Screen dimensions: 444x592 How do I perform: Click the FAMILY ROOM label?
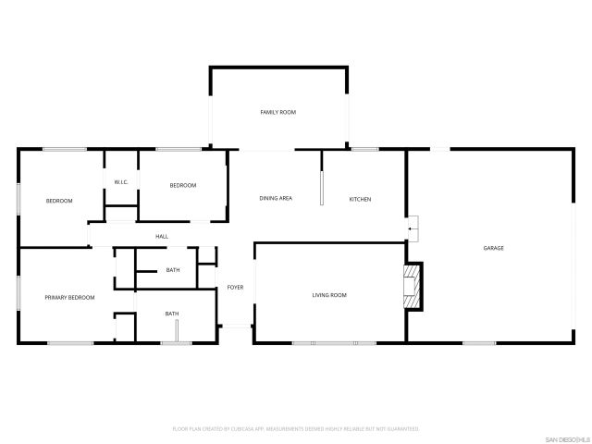(277, 112)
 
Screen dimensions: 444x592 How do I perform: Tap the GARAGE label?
(493, 248)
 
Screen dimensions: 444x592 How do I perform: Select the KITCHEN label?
(360, 199)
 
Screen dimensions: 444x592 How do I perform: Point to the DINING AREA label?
(276, 199)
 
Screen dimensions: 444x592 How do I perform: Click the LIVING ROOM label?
(328, 295)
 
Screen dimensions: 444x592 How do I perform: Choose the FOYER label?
(235, 288)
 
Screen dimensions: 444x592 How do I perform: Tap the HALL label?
(162, 237)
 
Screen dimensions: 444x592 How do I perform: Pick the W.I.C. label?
(120, 182)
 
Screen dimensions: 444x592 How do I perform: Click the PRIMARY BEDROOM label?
(70, 298)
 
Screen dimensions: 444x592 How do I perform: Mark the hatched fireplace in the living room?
(412, 287)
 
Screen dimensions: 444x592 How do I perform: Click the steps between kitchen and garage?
(413, 225)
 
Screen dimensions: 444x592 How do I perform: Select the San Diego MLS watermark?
(564, 438)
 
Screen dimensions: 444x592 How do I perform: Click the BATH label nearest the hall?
(173, 270)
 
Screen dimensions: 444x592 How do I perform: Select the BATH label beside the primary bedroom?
(172, 314)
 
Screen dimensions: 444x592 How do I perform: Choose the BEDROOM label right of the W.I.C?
(183, 186)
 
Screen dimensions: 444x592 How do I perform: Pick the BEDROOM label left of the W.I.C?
(59, 201)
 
